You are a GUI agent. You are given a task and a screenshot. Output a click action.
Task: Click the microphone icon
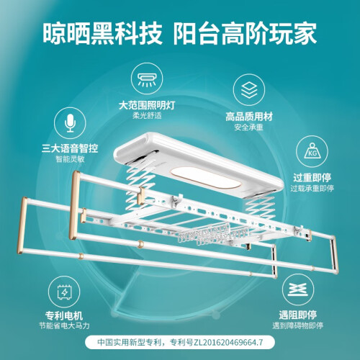[70, 122]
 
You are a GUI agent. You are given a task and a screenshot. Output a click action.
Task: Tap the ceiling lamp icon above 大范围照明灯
[147, 79]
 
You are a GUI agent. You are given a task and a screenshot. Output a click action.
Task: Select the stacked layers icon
[249, 90]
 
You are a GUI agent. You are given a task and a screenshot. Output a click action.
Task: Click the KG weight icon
[312, 150]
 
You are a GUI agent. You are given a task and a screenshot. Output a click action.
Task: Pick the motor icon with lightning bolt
[64, 292]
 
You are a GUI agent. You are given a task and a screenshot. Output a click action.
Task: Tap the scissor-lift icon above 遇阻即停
[297, 289]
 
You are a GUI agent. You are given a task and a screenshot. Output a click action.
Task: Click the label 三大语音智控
[70, 148]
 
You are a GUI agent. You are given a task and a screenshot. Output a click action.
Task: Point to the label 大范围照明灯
[147, 105]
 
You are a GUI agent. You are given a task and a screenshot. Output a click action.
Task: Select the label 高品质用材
[249, 117]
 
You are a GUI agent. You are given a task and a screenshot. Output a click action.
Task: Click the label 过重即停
[312, 178]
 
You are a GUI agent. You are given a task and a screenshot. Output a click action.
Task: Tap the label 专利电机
[64, 315]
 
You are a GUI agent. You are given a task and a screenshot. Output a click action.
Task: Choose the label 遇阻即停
[297, 315]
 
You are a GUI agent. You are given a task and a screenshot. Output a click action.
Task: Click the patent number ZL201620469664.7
[228, 342]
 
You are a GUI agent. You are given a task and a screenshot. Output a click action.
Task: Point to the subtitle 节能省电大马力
[64, 325]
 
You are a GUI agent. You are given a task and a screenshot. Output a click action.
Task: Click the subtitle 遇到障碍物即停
[297, 325]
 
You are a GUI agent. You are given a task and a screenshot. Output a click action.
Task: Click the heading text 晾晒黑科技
[103, 33]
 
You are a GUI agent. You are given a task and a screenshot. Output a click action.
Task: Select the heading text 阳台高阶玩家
[245, 33]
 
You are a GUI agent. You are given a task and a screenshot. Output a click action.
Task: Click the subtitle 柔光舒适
[147, 115]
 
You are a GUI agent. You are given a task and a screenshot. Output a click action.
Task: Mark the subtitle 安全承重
[249, 127]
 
